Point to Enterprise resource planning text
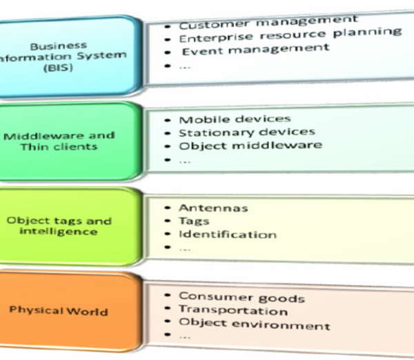point(290,33)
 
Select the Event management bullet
point(255,48)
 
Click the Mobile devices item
point(235,119)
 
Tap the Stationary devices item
point(246,132)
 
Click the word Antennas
point(213,208)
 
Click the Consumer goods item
point(241,298)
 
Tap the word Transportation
point(233,311)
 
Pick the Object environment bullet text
point(255,324)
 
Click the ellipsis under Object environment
point(184,337)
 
